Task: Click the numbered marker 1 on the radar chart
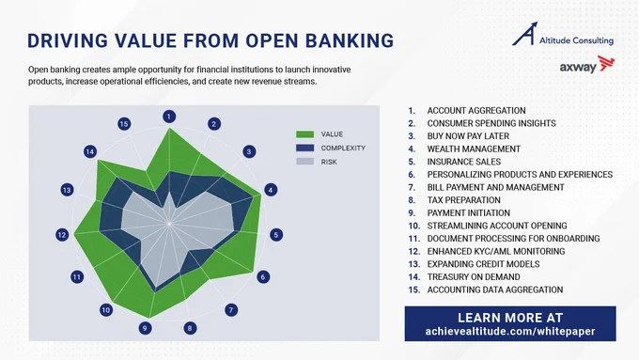click(x=169, y=117)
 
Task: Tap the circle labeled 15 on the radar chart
click(x=124, y=124)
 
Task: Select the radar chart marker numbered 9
click(x=145, y=328)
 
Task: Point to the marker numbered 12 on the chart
click(x=62, y=235)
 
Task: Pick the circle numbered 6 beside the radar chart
click(x=263, y=277)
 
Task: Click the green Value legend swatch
click(x=304, y=134)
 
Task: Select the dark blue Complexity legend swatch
click(x=304, y=148)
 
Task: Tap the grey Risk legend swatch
click(x=304, y=162)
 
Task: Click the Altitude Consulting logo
click(x=563, y=34)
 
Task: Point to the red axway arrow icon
click(x=606, y=64)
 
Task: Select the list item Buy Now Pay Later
click(x=468, y=136)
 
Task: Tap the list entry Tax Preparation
click(x=464, y=200)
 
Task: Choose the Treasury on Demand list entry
click(x=474, y=277)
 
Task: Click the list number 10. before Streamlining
click(x=414, y=226)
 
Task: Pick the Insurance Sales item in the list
click(x=464, y=162)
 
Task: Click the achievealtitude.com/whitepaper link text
click(x=510, y=332)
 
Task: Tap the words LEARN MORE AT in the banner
click(x=510, y=318)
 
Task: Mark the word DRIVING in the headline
click(x=68, y=40)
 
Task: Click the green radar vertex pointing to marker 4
click(x=261, y=196)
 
